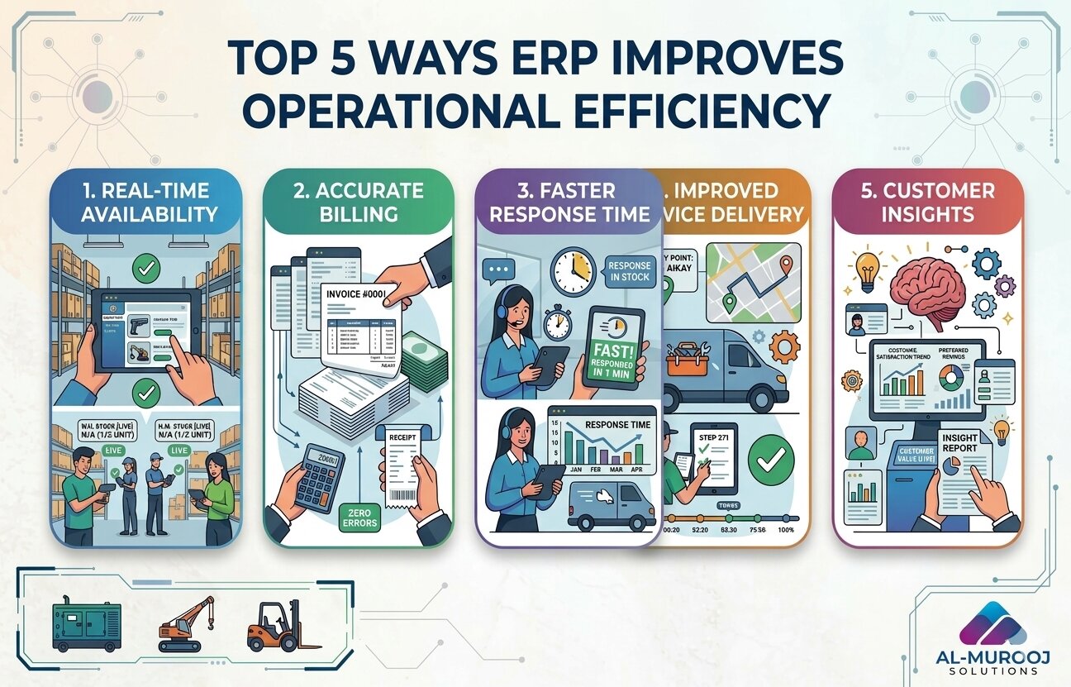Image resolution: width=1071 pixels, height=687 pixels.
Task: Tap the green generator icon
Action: tap(87, 626)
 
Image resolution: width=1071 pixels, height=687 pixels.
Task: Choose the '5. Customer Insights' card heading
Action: tap(927, 203)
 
